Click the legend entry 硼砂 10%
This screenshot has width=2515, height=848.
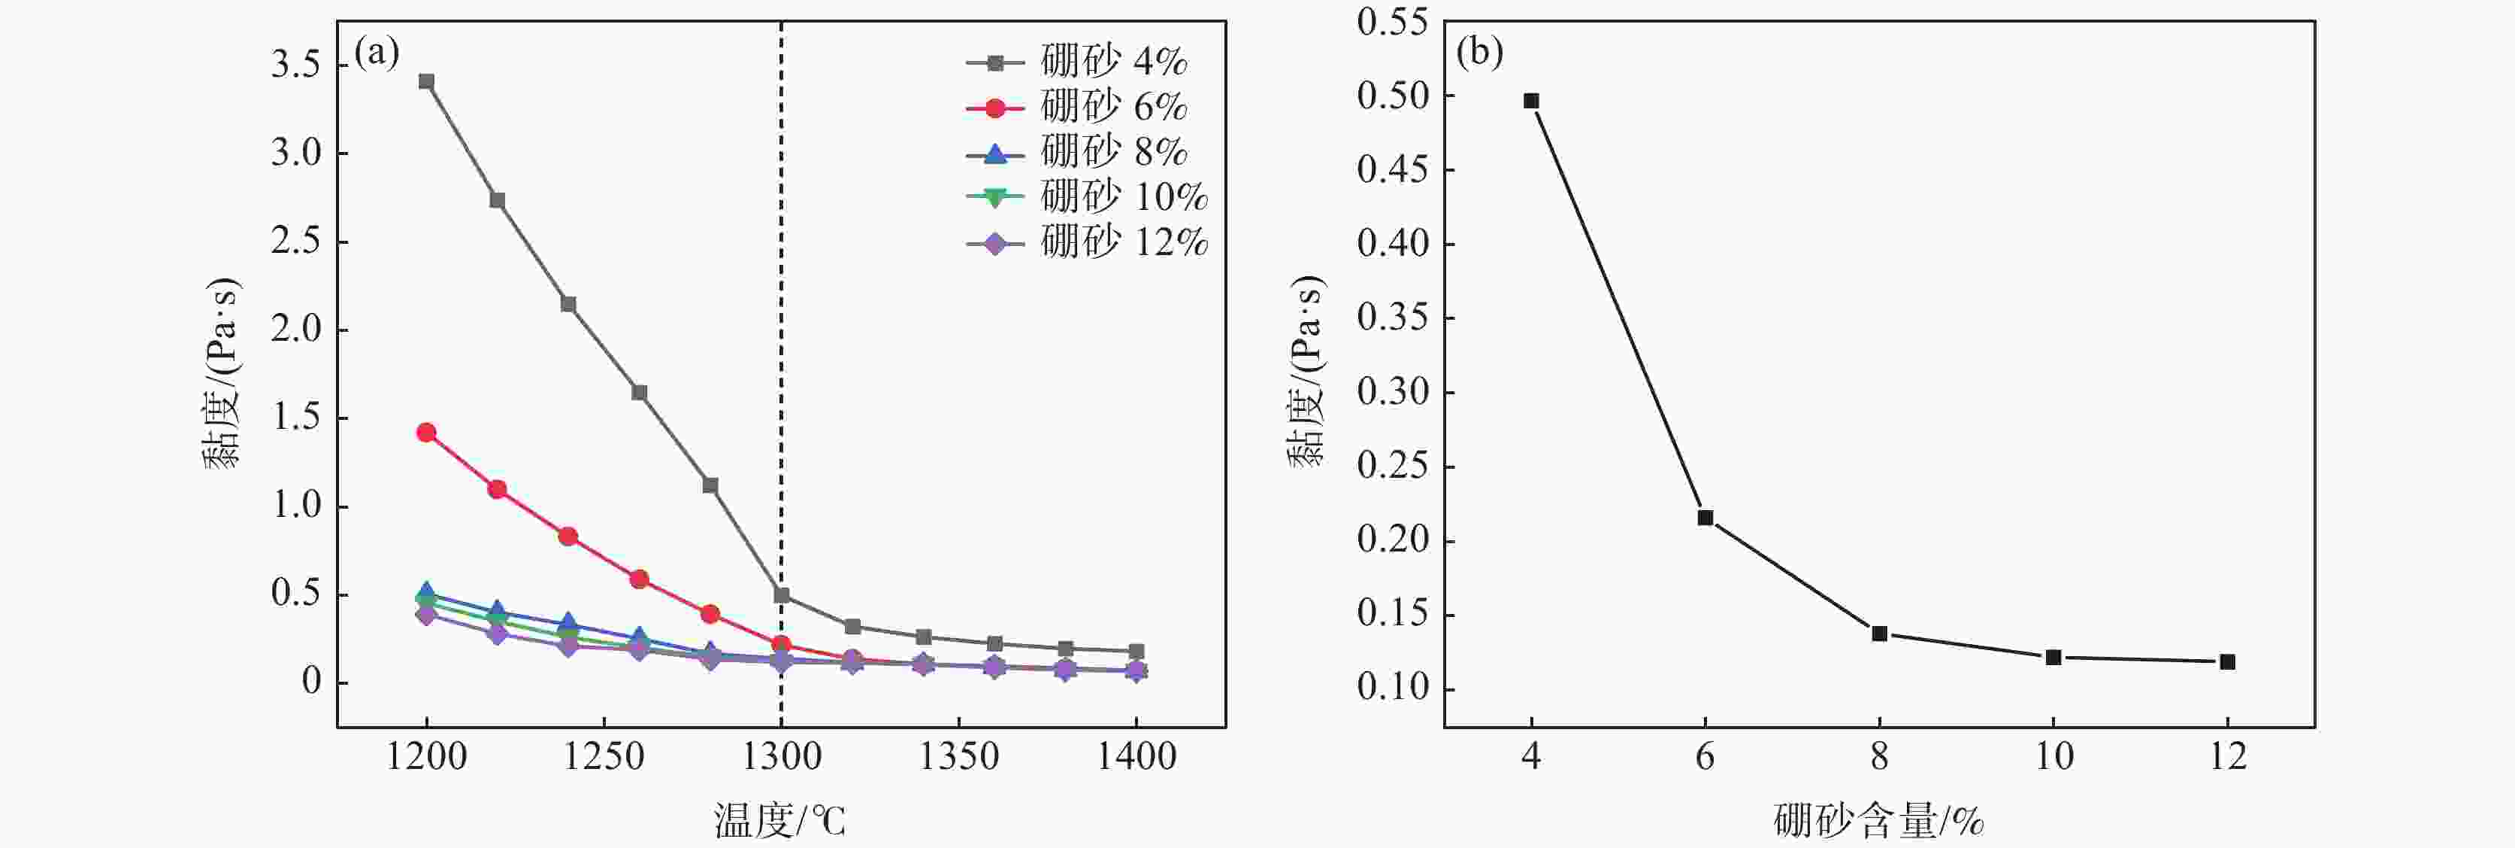pos(1088,197)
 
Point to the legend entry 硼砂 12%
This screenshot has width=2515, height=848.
pos(1088,242)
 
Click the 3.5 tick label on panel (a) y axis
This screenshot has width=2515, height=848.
pos(296,65)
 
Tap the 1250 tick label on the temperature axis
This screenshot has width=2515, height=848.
pos(604,757)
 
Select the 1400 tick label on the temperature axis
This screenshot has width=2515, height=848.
pos(1136,757)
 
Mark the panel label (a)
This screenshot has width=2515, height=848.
pos(377,52)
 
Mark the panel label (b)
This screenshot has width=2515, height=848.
pos(1479,52)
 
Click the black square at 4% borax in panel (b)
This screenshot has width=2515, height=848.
pos(1531,101)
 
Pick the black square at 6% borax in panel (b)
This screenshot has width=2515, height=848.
pos(1705,518)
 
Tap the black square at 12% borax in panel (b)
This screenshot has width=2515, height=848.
pos(2227,661)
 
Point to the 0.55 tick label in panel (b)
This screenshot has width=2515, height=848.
pos(1391,23)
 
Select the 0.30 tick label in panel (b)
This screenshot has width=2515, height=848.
pos(1391,392)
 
